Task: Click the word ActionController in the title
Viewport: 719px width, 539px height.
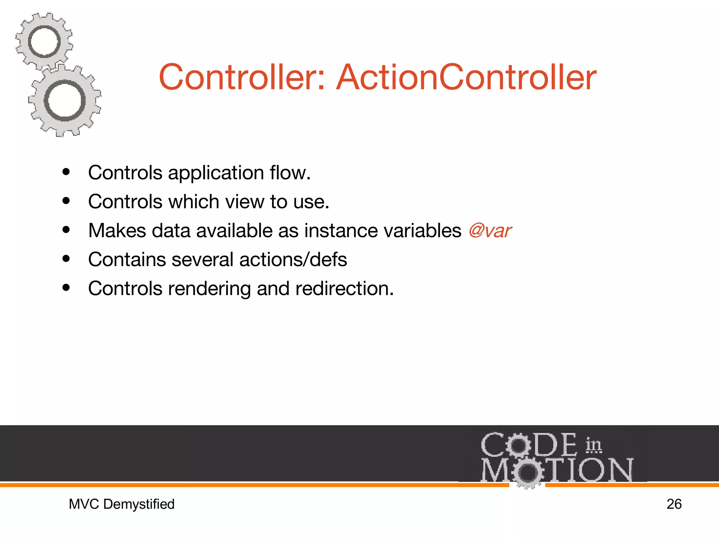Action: (466, 77)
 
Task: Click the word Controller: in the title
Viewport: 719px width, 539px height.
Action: (242, 77)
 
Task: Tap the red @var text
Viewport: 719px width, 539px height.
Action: (490, 231)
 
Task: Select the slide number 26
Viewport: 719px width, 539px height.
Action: (674, 504)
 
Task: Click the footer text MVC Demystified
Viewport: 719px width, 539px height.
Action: (121, 504)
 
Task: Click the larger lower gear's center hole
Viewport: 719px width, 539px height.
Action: (65, 101)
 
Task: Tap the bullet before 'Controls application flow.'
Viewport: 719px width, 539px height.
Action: (66, 172)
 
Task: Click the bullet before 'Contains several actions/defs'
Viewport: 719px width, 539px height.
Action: (66, 259)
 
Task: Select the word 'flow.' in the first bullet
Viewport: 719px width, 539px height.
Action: (290, 173)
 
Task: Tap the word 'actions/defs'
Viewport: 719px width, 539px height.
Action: (293, 260)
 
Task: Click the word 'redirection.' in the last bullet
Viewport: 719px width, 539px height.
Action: (344, 288)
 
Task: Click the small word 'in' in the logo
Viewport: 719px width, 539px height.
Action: (593, 445)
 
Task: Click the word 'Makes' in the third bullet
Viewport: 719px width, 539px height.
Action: (117, 231)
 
